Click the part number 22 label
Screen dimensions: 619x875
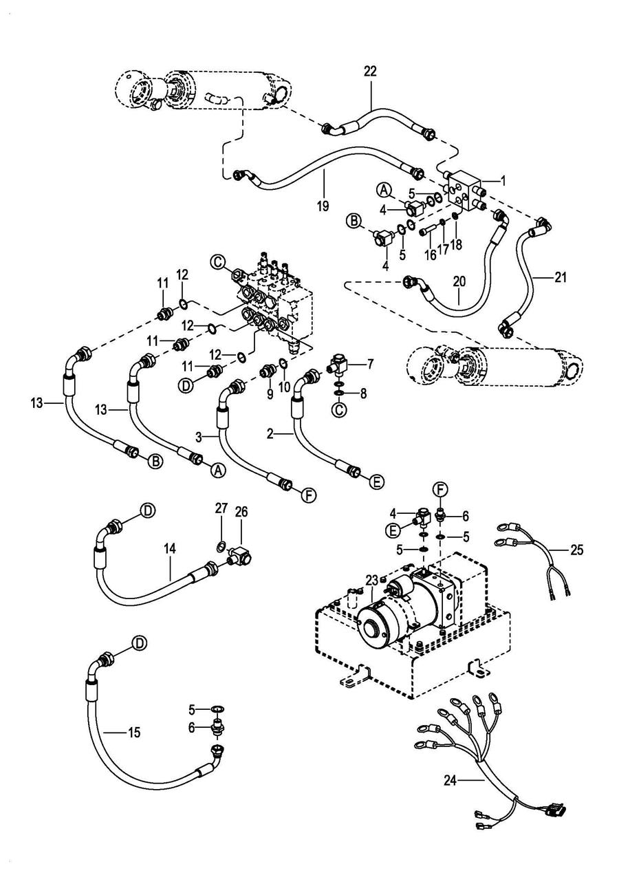coord(370,72)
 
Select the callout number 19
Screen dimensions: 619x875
coord(323,206)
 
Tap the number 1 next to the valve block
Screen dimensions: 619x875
coord(503,181)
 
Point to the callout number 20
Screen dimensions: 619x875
coord(459,281)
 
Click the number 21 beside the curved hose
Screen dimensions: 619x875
coord(561,278)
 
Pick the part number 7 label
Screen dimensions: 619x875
coord(370,365)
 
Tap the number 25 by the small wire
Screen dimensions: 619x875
coord(577,550)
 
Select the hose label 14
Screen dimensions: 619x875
coord(170,549)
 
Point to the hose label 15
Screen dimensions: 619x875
coord(134,733)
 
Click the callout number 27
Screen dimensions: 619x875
coord(221,508)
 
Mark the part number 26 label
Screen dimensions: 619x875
coord(241,511)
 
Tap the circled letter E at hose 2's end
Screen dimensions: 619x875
coord(378,482)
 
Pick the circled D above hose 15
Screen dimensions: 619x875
coord(140,642)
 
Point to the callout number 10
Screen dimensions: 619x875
coord(284,387)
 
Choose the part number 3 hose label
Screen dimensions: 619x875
coord(199,437)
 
